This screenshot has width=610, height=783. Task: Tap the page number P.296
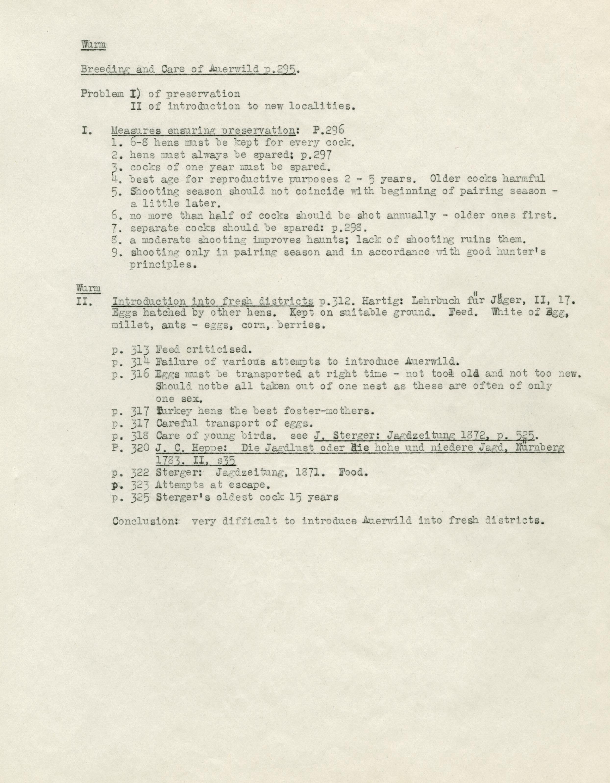pos(328,130)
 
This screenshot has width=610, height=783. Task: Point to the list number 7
pos(115,228)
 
